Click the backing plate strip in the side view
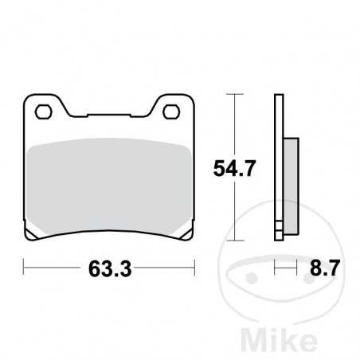point(279,167)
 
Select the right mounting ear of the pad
point(171,108)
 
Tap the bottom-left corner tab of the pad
point(32,233)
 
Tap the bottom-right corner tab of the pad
point(185,233)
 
